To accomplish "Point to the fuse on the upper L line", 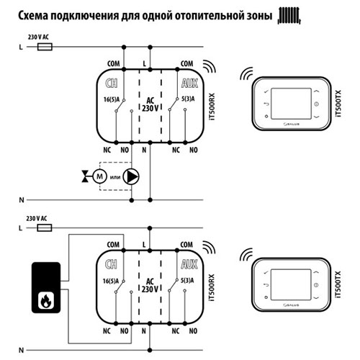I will (x=45, y=45).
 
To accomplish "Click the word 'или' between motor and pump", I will (x=115, y=175).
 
